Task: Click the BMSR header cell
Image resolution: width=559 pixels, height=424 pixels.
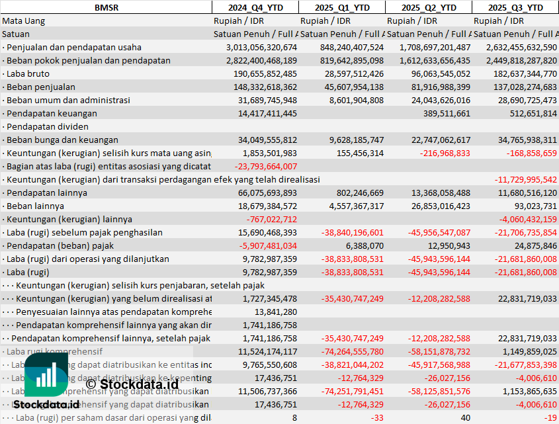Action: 107,7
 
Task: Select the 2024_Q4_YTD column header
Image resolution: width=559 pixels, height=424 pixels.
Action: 255,7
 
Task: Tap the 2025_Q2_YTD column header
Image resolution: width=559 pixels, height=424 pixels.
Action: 429,7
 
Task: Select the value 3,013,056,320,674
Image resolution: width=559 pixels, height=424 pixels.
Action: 261,47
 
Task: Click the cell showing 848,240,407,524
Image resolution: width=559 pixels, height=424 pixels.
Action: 342,47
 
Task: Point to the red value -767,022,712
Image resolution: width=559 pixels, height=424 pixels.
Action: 271,219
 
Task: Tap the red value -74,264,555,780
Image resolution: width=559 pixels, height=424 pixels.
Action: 347,351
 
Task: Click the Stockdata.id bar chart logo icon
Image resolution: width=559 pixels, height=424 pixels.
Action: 46,376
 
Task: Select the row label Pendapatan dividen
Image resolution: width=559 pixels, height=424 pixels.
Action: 42,126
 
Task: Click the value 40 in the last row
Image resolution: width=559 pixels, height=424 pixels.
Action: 465,417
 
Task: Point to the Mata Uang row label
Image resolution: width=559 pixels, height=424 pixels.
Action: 24,21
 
